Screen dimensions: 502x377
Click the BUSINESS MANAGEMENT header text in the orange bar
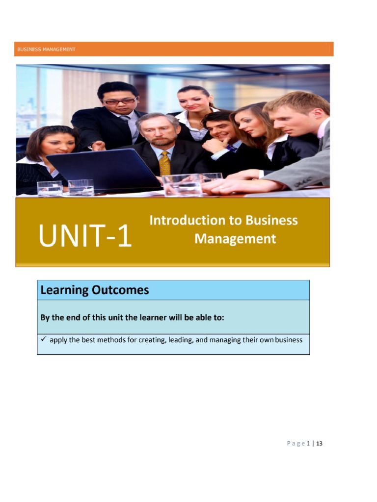(47, 49)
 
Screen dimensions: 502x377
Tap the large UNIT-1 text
(85, 236)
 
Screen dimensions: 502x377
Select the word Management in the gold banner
(235, 239)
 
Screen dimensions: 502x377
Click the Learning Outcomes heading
(94, 290)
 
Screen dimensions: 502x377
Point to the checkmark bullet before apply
(43, 339)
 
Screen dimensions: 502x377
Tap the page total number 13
(320, 444)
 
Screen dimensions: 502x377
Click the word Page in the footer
(295, 444)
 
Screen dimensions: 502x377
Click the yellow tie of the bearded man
(165, 163)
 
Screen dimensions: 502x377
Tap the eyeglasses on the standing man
(120, 101)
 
